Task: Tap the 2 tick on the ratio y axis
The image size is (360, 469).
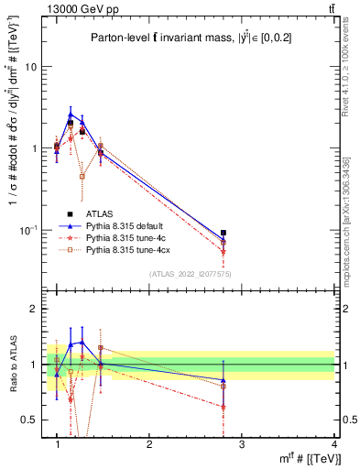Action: pos(35,310)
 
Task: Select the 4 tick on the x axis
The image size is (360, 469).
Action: pos(334,445)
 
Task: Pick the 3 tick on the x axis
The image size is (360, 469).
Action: pos(242,445)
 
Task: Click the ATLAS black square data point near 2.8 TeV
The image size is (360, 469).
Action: pos(224,233)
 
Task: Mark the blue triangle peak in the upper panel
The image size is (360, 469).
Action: pos(71,114)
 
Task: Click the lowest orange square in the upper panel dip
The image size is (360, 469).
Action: pos(82,176)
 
